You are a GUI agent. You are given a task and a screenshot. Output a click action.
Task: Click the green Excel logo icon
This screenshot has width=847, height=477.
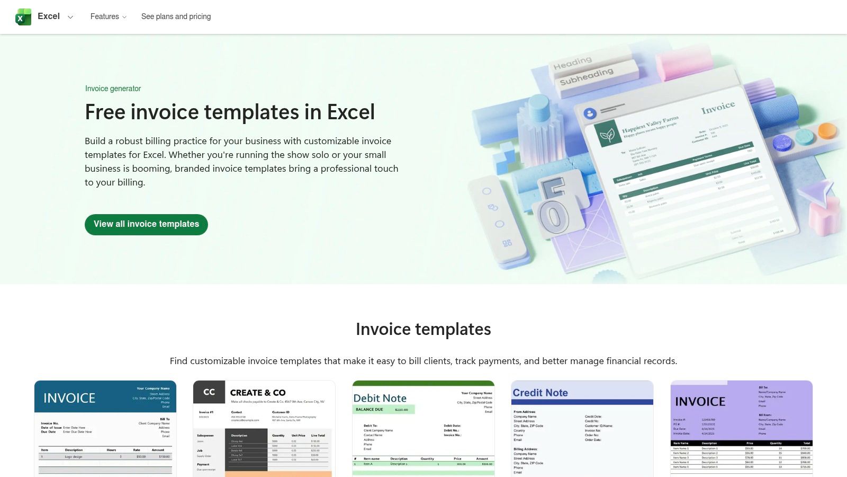coord(23,17)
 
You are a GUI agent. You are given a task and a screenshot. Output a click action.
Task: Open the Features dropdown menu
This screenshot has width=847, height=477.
coord(108,16)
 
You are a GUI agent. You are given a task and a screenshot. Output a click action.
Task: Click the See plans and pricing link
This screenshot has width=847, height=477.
coord(176,16)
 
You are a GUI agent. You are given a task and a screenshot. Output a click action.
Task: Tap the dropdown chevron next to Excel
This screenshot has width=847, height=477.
coord(70,17)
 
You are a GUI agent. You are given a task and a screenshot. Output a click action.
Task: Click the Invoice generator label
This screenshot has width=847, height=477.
coord(113,89)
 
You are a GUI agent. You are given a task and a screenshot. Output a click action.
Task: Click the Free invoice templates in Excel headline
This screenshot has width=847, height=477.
coord(230,112)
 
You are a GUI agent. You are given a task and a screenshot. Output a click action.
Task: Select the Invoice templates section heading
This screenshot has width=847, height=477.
coord(423,329)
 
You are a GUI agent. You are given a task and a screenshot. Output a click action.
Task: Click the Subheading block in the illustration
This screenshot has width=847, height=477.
coord(587,76)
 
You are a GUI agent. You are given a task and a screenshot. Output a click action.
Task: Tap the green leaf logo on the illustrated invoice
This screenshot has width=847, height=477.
coord(607,135)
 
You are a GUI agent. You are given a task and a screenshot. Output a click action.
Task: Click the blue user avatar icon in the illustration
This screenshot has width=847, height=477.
coord(590,113)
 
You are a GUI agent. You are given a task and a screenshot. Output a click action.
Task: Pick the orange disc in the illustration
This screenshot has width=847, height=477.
coord(826,130)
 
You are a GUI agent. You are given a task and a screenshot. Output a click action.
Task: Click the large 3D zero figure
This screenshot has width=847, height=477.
coord(553,216)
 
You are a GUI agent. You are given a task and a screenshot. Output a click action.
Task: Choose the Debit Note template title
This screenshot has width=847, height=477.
coord(380,398)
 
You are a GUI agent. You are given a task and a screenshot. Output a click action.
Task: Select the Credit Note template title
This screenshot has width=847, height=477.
coord(540,393)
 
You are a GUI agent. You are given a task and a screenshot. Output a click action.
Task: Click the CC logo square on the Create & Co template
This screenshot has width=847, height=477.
coord(209,392)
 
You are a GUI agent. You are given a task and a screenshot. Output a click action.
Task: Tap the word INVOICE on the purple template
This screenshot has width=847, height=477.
coord(700,402)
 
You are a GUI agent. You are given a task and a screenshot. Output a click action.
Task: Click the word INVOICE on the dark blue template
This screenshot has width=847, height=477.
coord(69,398)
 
